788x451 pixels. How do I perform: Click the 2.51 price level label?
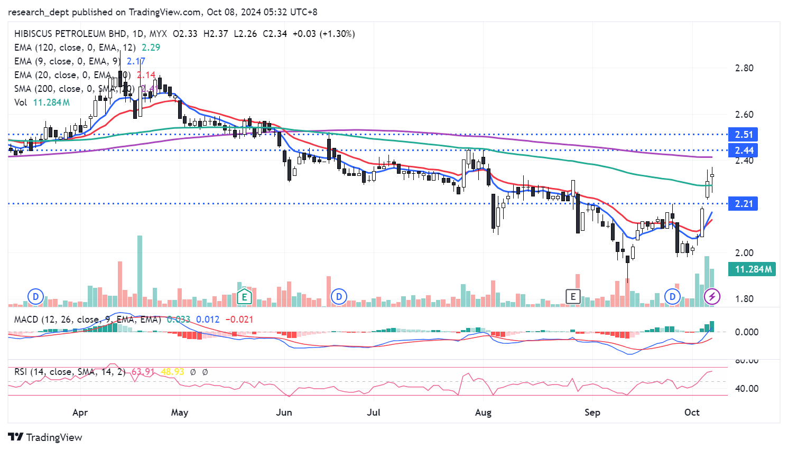(x=743, y=135)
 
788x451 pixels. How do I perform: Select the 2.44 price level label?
(x=743, y=151)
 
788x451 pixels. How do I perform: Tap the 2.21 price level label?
(x=743, y=204)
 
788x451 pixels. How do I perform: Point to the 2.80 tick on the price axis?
(x=744, y=68)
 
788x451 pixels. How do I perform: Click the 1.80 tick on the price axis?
(x=744, y=299)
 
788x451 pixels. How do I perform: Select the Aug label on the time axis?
(x=483, y=412)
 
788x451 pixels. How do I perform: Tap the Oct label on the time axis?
(x=692, y=412)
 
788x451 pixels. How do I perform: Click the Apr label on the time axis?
(x=80, y=412)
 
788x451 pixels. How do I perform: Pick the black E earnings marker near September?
(x=573, y=296)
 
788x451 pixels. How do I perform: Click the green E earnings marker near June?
(x=244, y=296)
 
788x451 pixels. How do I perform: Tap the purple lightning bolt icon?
(x=712, y=296)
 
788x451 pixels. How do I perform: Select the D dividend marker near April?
(x=35, y=296)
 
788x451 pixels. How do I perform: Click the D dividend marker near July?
(x=339, y=296)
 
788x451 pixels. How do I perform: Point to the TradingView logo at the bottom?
(x=45, y=437)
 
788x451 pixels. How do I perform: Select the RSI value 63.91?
(x=143, y=372)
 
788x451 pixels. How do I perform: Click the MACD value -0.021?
(x=239, y=320)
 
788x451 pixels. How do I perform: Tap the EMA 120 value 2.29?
(x=151, y=48)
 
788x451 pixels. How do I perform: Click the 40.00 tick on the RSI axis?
(x=747, y=389)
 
